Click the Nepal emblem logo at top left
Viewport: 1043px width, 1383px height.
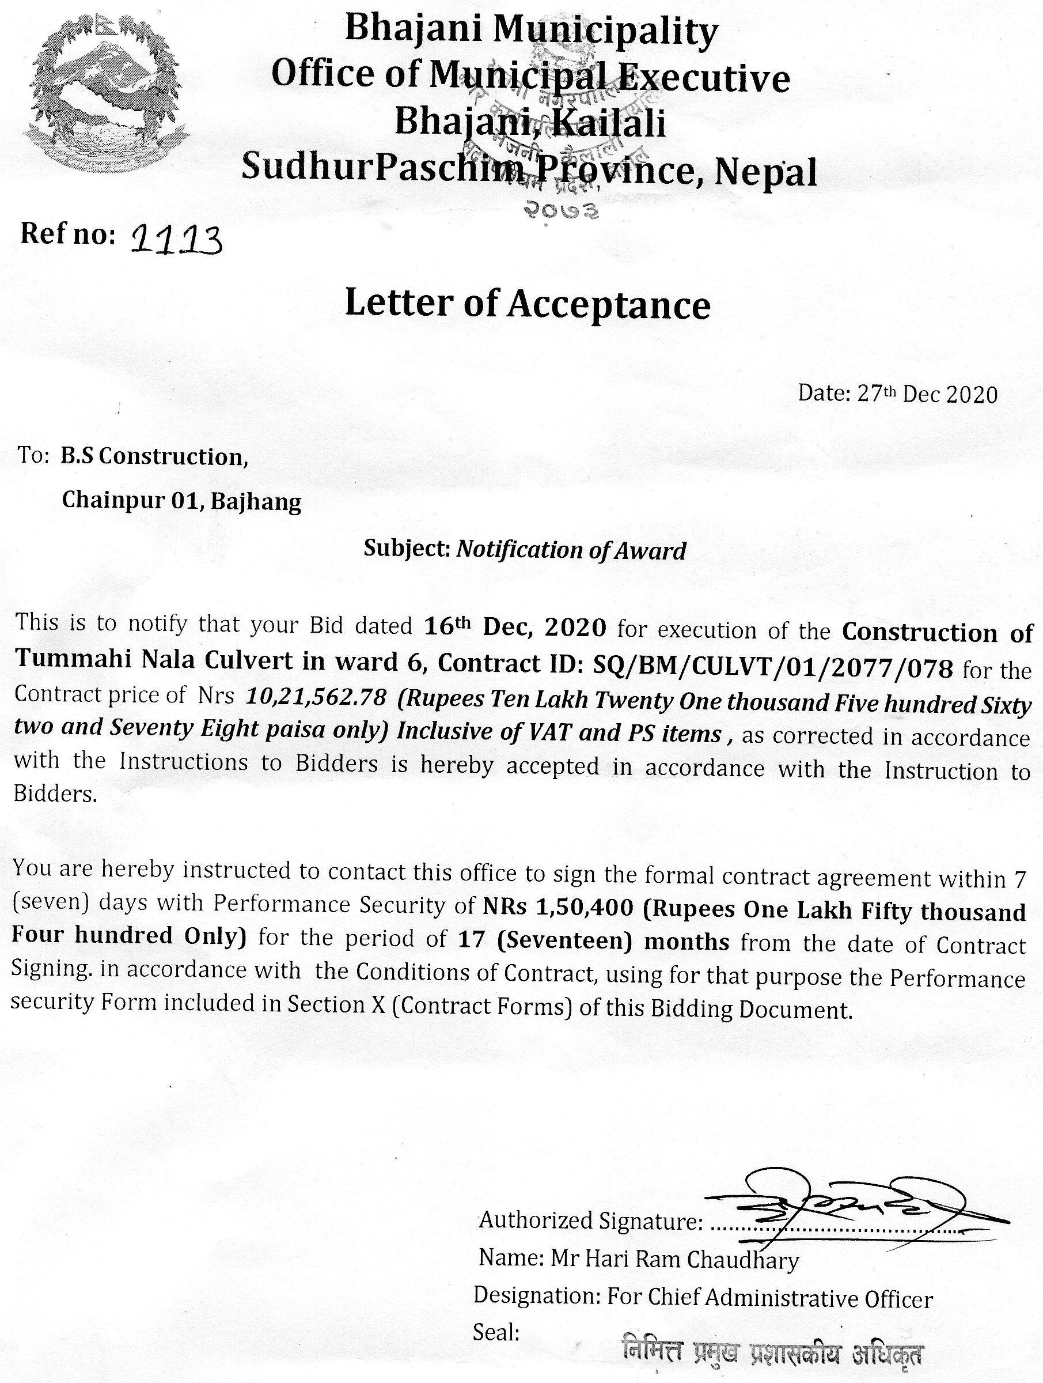coord(105,94)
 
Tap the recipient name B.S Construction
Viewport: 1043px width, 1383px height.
coord(154,457)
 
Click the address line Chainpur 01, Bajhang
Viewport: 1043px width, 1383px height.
coord(181,501)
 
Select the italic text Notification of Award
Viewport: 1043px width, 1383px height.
coord(571,550)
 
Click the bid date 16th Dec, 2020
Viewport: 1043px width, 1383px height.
coord(514,626)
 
